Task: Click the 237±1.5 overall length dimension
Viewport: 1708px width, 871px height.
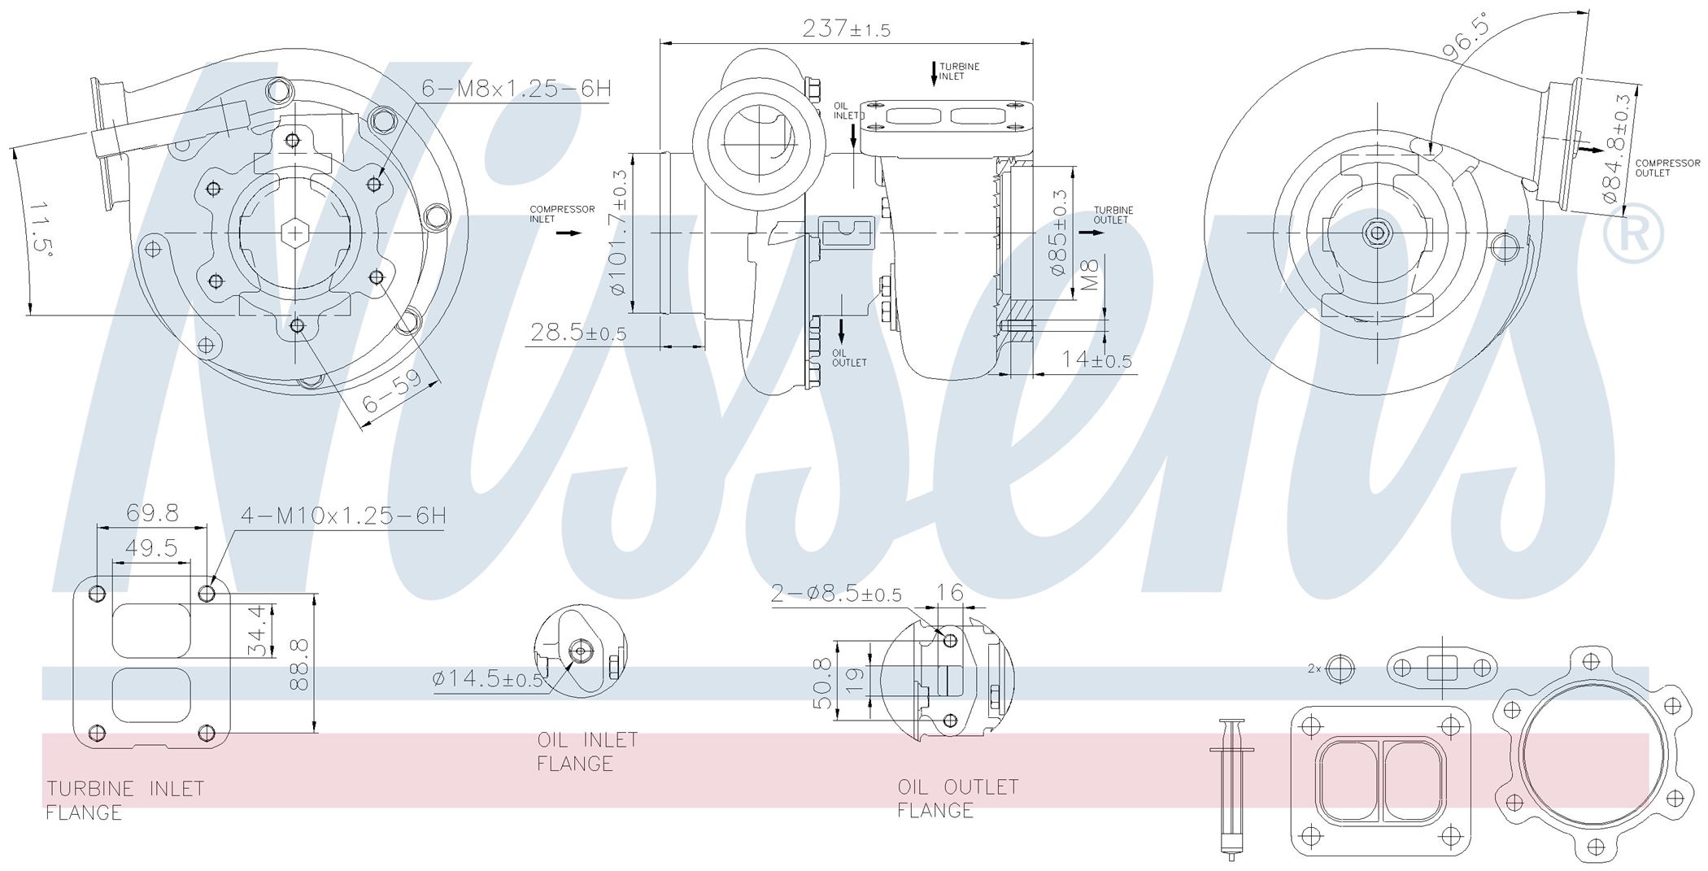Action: tap(846, 29)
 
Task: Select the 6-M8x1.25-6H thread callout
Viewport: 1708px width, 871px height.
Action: tap(516, 88)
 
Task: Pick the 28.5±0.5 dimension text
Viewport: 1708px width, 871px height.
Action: tap(578, 333)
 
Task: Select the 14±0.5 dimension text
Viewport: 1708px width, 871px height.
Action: tap(1096, 359)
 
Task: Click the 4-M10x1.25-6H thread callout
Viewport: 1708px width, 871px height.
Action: tap(343, 516)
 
